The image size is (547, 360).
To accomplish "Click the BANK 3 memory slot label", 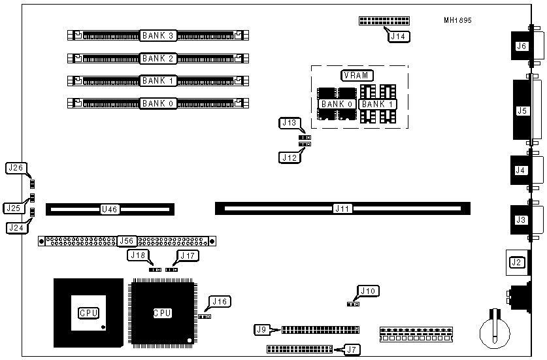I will [x=157, y=35].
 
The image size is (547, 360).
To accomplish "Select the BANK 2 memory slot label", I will [x=157, y=58].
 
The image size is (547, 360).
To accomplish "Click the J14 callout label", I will [x=398, y=37].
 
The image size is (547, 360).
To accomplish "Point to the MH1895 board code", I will [x=458, y=20].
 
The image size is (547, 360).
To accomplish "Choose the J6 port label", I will [x=521, y=46].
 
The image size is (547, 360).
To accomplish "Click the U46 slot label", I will [x=109, y=210].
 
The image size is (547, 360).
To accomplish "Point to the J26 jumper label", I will [x=15, y=168].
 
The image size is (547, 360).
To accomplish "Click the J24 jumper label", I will [x=15, y=228].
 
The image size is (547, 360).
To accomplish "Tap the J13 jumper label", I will [x=288, y=123].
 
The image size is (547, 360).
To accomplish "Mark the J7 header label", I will [x=352, y=350].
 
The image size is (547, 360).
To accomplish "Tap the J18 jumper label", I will [x=138, y=255].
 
